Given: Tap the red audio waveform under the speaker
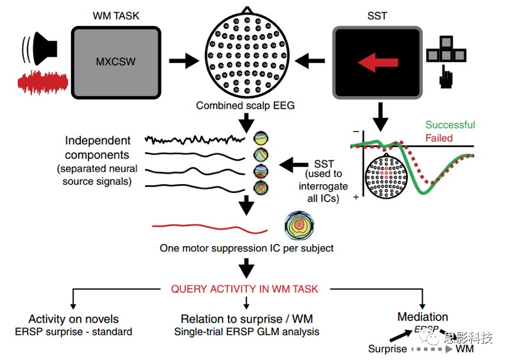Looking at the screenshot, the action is tap(43, 82).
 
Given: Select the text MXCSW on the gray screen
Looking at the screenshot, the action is tap(116, 61).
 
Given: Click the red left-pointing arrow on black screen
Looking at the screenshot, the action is tap(378, 62).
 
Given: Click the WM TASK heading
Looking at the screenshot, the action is tap(116, 15).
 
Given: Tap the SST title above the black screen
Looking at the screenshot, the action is tap(377, 15).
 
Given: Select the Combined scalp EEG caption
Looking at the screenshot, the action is tap(246, 106).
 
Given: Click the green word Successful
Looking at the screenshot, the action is tap(450, 125).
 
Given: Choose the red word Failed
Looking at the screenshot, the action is tap(439, 138).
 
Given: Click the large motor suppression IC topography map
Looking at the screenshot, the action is tap(299, 225).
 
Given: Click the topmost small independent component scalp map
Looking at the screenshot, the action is tap(261, 138).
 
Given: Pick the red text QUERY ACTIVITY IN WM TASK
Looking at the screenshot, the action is tap(244, 289).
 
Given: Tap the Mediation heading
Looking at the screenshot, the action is tap(423, 316).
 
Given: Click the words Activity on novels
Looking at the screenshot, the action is tap(74, 319).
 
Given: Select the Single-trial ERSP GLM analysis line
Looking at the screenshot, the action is tap(247, 332).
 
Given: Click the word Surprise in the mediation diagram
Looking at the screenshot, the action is tap(387, 349).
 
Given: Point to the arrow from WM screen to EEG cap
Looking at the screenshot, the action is tap(184, 61).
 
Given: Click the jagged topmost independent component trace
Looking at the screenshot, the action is tap(195, 140).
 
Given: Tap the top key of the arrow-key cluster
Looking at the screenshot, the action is tap(446, 42).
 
